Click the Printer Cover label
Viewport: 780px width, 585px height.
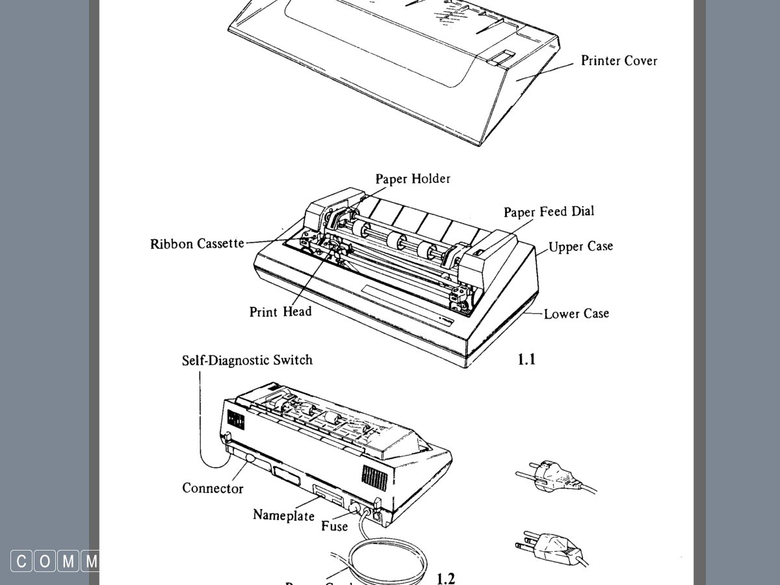coord(619,60)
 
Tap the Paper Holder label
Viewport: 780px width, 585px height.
coord(413,178)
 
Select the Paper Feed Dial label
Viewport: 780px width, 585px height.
coord(549,211)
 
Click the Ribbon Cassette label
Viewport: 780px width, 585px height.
coord(197,244)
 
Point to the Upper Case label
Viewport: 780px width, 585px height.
coord(580,247)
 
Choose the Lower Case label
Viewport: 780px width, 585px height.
coord(577,313)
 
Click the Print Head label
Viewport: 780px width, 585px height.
coord(280,312)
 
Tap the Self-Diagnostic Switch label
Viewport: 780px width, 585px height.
coord(247,360)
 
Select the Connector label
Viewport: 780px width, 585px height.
coord(213,488)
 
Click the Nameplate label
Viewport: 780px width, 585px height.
coord(283,515)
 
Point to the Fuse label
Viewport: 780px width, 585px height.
coord(334,526)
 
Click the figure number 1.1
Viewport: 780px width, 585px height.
coord(526,358)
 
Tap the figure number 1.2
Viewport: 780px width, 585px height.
coord(445,578)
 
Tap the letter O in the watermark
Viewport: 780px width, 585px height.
coord(45,561)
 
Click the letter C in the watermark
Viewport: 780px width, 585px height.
coord(21,561)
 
